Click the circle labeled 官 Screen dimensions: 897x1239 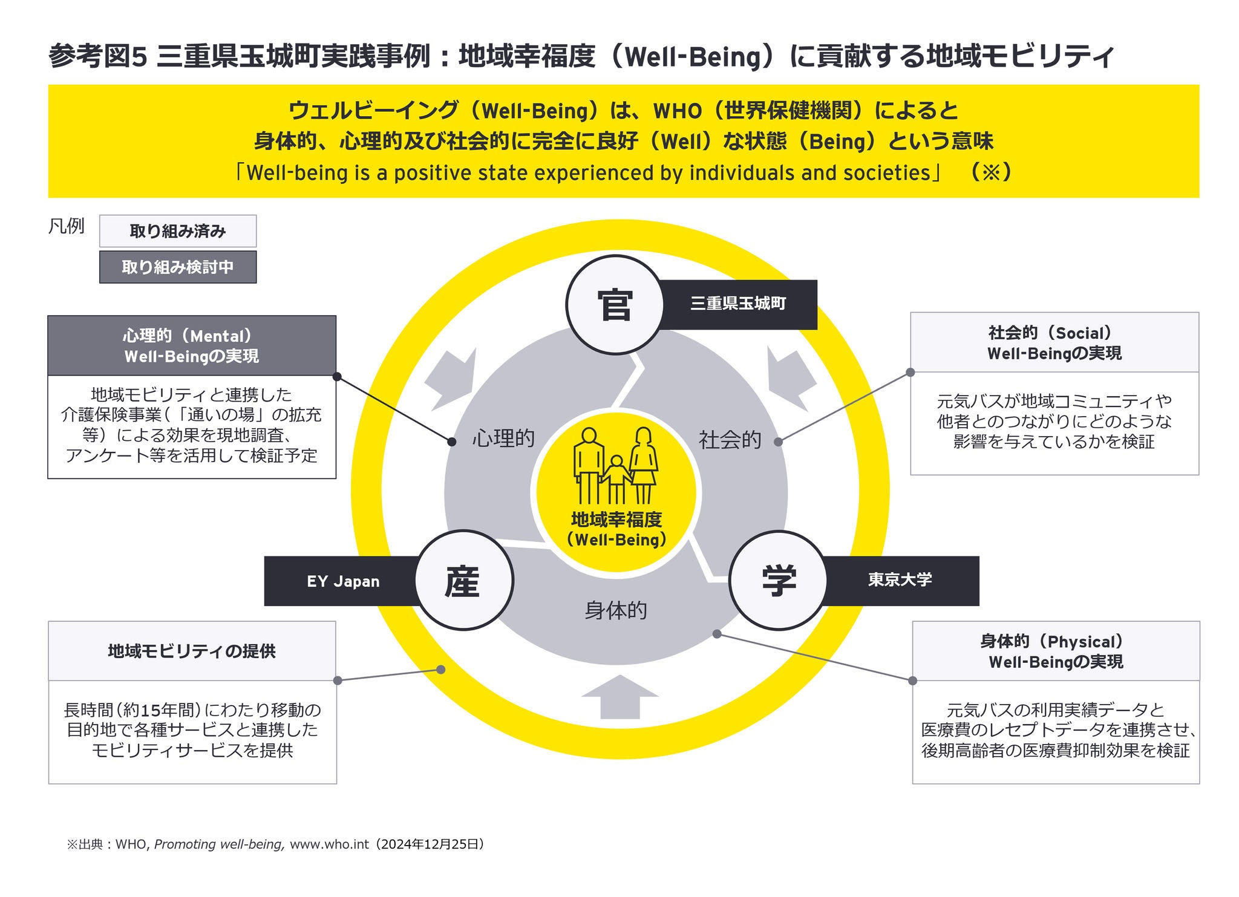click(x=615, y=304)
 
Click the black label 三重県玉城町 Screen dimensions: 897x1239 click(x=739, y=304)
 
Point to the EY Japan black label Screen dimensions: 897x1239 click(x=342, y=581)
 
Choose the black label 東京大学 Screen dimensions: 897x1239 click(x=900, y=580)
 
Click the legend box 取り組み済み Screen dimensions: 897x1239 click(x=178, y=231)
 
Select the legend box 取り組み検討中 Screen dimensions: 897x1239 click(x=178, y=267)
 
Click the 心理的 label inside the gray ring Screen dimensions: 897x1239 click(x=503, y=439)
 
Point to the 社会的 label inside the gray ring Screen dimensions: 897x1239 click(x=730, y=440)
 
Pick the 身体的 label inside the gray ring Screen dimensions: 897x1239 click(x=616, y=610)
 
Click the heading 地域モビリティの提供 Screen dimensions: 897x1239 click(x=192, y=651)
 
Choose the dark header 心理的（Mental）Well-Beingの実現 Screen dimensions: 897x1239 click(x=192, y=346)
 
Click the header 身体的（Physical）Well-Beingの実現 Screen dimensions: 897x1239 click(x=1056, y=651)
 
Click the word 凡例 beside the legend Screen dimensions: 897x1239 click(x=66, y=227)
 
